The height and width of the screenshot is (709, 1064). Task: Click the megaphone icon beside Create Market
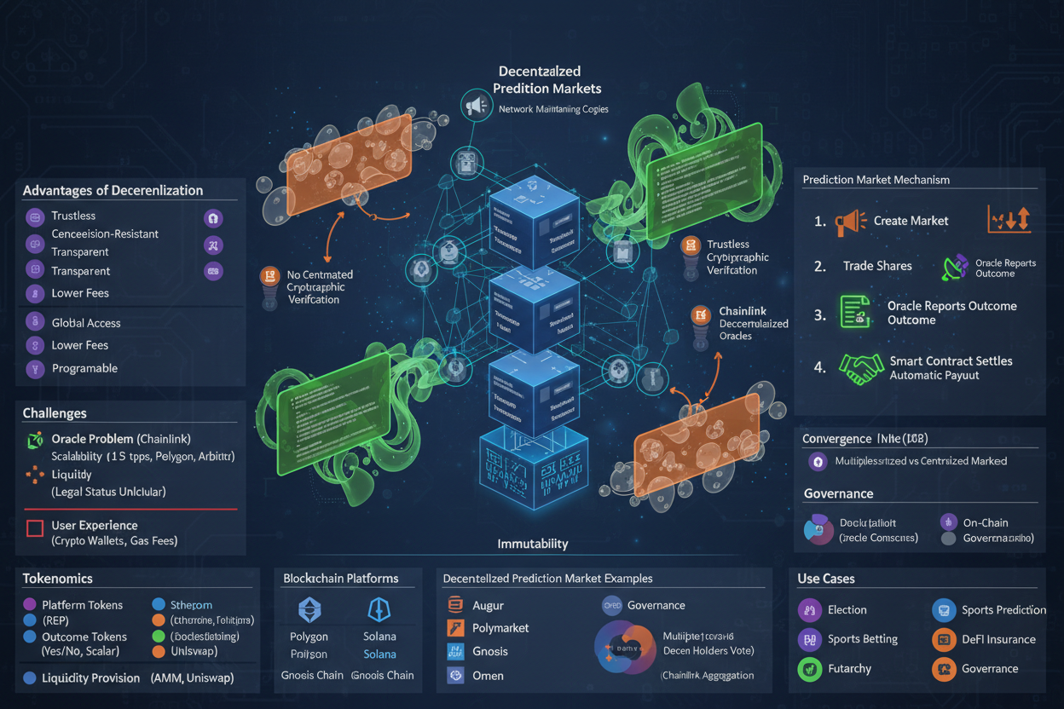point(850,222)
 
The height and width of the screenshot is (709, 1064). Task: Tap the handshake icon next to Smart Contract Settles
point(861,367)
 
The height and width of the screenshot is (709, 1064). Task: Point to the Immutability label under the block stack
point(533,544)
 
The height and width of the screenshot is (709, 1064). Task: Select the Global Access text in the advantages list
point(86,323)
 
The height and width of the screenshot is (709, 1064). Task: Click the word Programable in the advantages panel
point(84,368)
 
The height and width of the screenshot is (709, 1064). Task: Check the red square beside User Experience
point(35,528)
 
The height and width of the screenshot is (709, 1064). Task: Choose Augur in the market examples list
point(488,605)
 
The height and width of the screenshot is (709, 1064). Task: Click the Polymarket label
point(500,628)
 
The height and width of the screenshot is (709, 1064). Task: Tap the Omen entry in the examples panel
point(488,676)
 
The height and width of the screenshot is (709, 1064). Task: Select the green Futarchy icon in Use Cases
point(808,669)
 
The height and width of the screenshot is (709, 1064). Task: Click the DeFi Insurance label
point(998,639)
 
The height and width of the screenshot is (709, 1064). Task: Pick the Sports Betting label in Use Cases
point(863,639)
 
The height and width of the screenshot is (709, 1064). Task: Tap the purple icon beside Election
point(808,610)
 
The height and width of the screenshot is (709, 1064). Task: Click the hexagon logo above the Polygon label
point(309,609)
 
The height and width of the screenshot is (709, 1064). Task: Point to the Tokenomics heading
point(57,579)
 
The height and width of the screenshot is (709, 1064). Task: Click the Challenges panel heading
point(55,413)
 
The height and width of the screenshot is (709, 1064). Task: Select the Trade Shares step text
point(877,266)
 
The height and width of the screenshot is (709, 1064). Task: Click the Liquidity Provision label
point(91,678)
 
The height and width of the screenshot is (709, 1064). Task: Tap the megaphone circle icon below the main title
point(476,106)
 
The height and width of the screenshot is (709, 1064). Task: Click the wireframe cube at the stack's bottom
point(533,469)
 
